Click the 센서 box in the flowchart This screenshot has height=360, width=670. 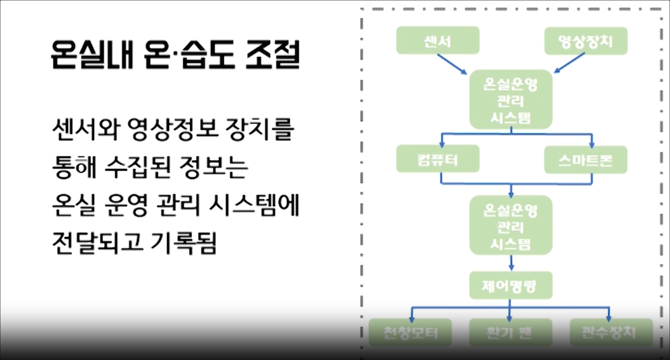[438, 40]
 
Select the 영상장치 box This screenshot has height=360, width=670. [586, 41]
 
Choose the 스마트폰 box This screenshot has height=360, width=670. [586, 160]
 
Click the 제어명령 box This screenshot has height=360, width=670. [511, 285]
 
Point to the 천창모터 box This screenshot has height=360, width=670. [410, 332]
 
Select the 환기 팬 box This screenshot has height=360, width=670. [511, 332]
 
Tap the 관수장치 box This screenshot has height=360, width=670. [611, 332]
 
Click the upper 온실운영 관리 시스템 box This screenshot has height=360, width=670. [511, 100]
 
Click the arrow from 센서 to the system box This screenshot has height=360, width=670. [452, 64]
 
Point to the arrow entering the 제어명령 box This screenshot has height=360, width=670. [511, 263]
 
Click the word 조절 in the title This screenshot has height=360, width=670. [273, 54]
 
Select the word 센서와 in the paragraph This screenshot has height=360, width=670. [86, 129]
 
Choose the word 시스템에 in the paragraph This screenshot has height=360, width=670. [254, 205]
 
